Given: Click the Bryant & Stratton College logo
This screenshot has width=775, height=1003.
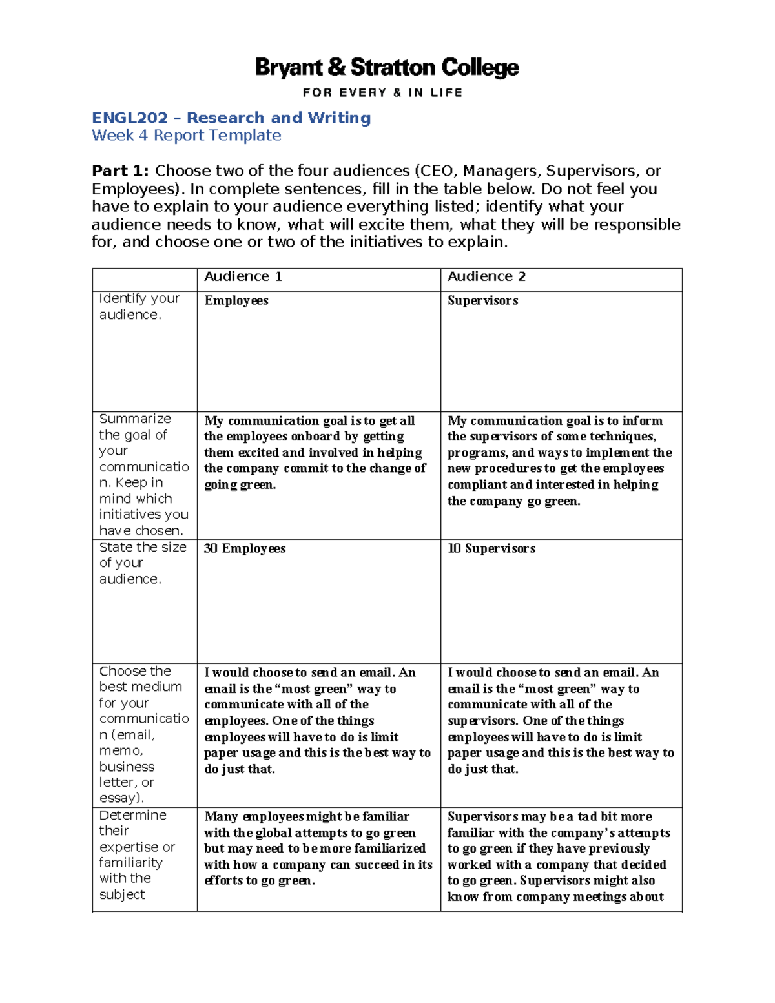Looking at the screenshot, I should tap(387, 67).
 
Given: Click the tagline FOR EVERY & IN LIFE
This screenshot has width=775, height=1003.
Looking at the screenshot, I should tap(382, 92).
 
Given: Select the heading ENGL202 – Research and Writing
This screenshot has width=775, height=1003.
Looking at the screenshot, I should tap(231, 118).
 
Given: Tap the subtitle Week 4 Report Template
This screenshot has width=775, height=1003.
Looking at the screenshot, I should tap(186, 135).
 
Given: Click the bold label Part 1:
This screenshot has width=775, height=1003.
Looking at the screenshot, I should tap(120, 171).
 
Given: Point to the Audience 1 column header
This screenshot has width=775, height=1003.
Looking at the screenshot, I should tap(243, 276).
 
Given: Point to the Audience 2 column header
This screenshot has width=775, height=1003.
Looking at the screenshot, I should tap(486, 276).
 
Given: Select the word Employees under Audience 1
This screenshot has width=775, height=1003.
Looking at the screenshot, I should tap(236, 300).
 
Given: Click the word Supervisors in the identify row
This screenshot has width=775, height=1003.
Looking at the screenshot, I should tap(482, 300).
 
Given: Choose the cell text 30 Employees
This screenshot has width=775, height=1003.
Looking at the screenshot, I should tap(244, 548).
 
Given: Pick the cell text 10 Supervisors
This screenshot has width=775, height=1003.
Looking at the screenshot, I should tap(491, 548).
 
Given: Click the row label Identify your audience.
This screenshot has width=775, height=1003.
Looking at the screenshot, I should tap(139, 306).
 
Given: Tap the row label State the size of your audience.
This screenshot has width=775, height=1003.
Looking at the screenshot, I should tap(142, 563).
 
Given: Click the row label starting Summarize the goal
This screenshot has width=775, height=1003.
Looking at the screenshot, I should tap(143, 474).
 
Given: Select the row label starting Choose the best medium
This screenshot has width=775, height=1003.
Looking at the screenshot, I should tap(143, 734).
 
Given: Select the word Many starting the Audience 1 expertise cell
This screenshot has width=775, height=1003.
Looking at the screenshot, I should tap(221, 816).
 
